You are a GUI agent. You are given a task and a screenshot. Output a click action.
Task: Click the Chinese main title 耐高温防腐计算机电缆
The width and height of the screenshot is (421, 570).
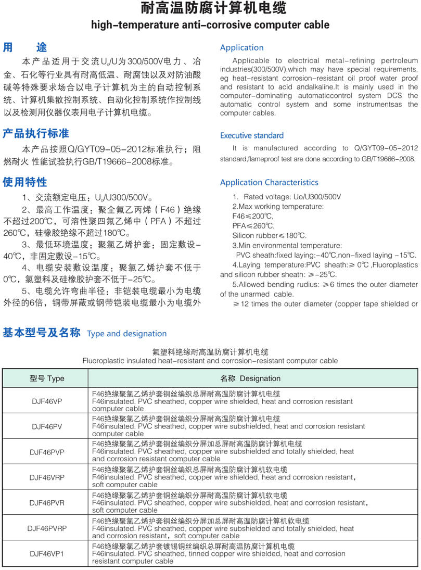210,9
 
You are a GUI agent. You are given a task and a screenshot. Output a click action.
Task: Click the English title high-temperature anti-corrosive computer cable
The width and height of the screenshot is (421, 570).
210,24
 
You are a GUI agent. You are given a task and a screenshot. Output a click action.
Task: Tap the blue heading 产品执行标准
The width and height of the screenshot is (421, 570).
36,133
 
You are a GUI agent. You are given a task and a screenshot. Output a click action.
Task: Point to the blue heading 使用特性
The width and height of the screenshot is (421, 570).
25,182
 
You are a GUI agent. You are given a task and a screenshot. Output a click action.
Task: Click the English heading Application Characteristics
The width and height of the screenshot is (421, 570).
269,182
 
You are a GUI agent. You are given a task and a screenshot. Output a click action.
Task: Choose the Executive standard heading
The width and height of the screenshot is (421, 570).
252,135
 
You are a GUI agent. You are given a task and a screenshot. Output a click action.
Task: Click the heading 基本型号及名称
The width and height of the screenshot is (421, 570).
42,333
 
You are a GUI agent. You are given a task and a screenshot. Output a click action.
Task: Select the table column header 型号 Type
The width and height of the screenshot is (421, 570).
47,378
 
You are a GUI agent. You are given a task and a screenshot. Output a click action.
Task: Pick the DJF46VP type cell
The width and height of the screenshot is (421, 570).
47,401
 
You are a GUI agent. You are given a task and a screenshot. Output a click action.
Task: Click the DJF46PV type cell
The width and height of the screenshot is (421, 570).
47,426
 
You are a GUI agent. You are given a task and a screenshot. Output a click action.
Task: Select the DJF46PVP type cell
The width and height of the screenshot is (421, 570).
47,452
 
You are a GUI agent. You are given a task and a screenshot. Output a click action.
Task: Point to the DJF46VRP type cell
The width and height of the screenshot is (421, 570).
47,477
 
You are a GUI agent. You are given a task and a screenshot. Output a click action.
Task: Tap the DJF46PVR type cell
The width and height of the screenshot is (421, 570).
47,503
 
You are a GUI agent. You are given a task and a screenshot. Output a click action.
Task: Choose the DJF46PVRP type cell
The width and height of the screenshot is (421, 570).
47,528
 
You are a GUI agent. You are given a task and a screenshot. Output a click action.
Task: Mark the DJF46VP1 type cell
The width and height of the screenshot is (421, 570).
47,554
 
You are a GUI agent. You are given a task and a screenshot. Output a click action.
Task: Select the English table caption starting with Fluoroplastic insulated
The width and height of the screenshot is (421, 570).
210,361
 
